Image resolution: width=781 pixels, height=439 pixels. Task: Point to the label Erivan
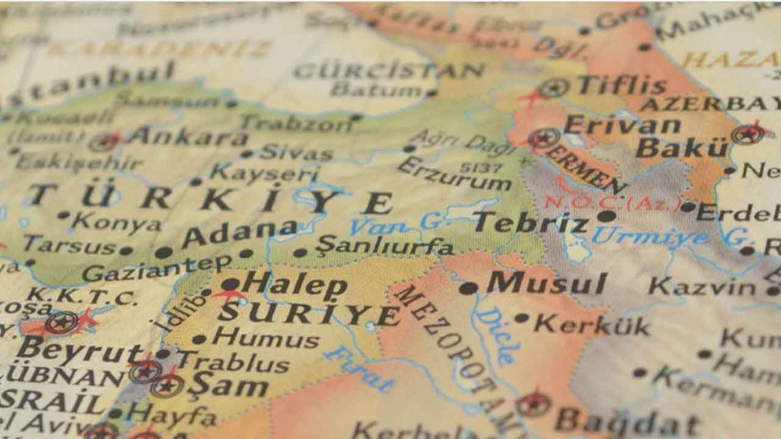(622, 125)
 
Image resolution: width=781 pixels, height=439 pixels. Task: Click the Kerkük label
(591, 324)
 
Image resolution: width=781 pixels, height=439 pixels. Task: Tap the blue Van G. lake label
(397, 224)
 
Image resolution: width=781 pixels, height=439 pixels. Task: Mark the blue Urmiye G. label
(669, 237)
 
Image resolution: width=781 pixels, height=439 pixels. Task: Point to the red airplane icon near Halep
(229, 296)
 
